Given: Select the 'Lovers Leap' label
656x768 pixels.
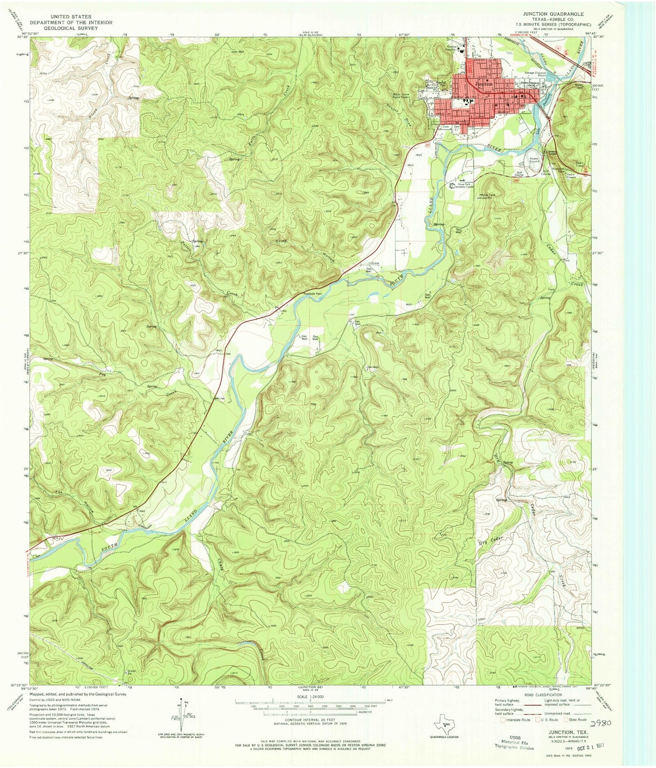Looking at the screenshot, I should click(551, 153).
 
